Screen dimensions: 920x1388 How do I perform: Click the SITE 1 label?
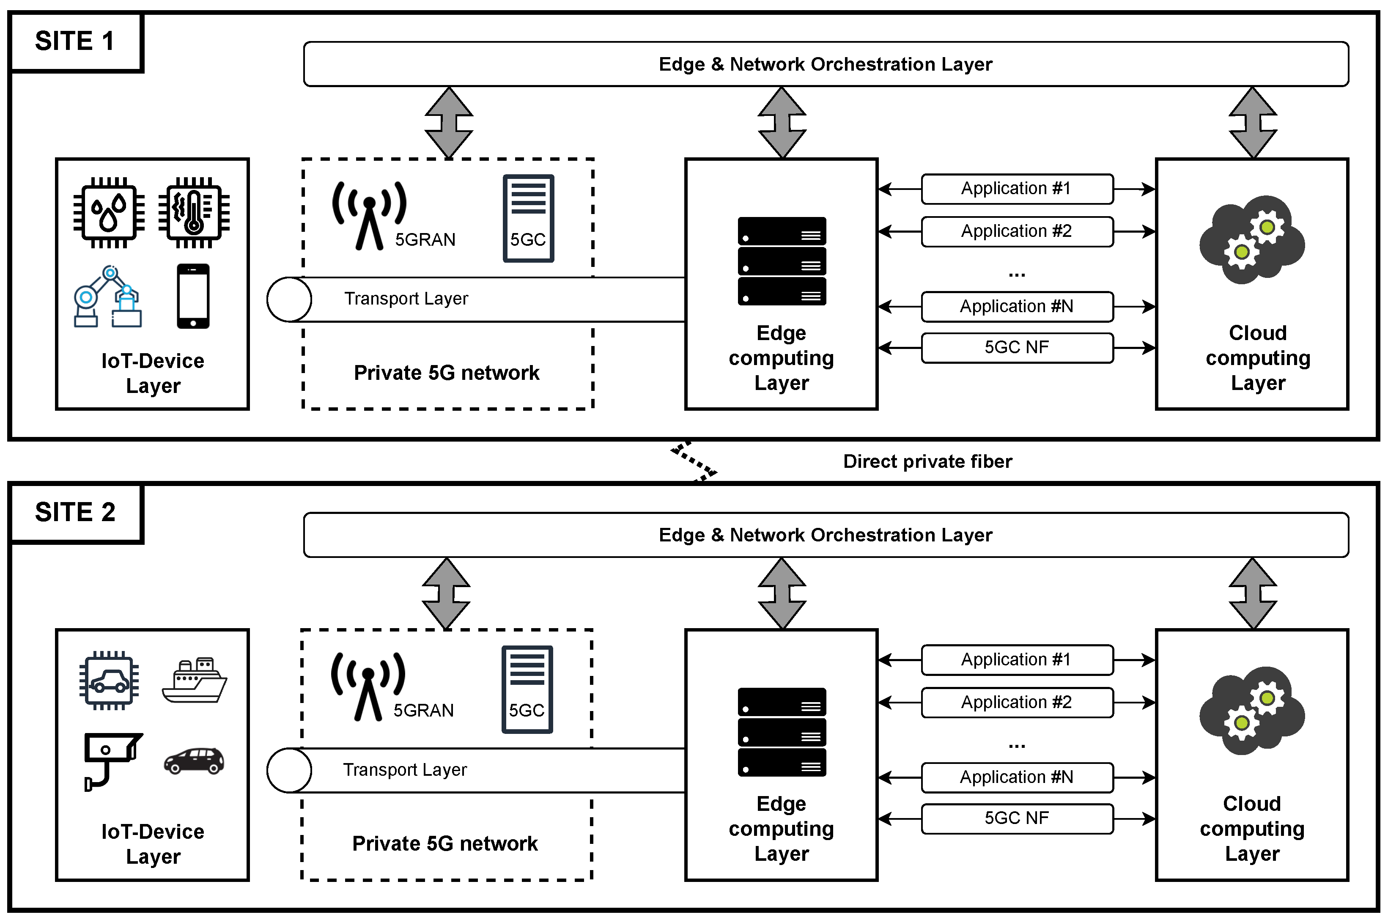click(x=74, y=41)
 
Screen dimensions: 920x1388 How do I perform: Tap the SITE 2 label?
click(x=74, y=512)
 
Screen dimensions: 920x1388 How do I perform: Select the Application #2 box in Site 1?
click(x=1016, y=231)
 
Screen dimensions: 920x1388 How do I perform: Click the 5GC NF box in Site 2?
click(x=1016, y=818)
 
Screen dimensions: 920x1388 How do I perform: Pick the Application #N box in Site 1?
click(x=1016, y=306)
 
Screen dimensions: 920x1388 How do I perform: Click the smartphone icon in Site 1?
click(x=193, y=296)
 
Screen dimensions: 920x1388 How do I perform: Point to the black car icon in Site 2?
click(x=194, y=761)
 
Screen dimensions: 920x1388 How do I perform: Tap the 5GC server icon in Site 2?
click(x=527, y=689)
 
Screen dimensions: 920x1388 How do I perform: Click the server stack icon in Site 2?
click(x=782, y=732)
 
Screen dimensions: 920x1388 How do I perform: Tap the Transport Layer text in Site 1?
click(x=406, y=299)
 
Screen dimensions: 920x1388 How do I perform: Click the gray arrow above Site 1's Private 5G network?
click(x=449, y=123)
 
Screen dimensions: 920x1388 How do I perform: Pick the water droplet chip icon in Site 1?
click(x=109, y=212)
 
